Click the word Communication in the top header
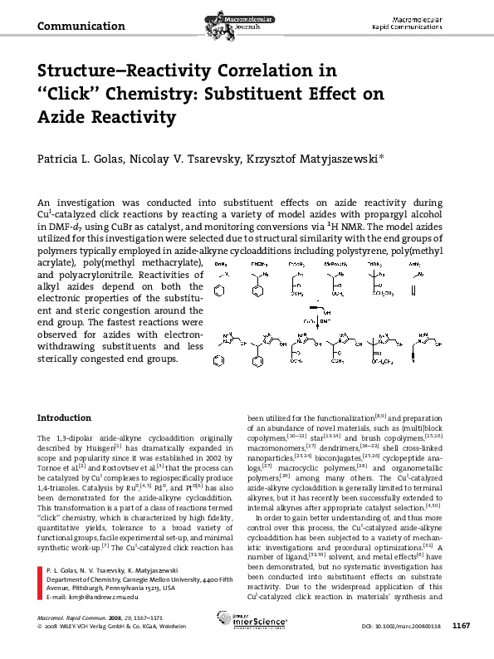tap(81, 27)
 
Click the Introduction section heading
tap(65, 417)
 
